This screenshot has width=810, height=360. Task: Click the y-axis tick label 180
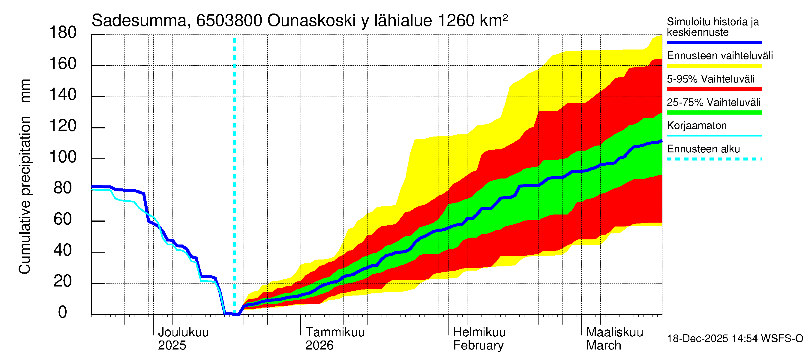point(63,33)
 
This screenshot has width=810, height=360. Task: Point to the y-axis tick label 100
point(63,157)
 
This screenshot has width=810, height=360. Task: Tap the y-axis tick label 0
point(63,312)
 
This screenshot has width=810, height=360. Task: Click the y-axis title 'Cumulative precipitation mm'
point(25,176)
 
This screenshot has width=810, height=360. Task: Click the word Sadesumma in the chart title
point(139,21)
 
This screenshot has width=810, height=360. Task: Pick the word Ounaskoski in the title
point(311,21)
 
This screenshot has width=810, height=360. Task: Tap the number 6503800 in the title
point(229,21)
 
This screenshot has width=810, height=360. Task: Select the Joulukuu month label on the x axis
point(183,332)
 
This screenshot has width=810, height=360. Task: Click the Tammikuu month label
point(335,332)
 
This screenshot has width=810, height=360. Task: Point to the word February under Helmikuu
point(478,346)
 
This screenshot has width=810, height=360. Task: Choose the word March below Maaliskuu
point(603,346)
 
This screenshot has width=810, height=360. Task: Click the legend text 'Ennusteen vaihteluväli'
point(720,56)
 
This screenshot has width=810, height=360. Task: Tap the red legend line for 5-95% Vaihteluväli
point(714,89)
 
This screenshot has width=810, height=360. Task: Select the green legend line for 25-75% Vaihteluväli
point(714,112)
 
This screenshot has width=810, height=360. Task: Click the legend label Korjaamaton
point(697,126)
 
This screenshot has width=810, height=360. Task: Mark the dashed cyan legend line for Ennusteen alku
point(714,159)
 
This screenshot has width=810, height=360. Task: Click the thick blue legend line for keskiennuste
point(714,42)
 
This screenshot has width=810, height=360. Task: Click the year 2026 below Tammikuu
point(319,346)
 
